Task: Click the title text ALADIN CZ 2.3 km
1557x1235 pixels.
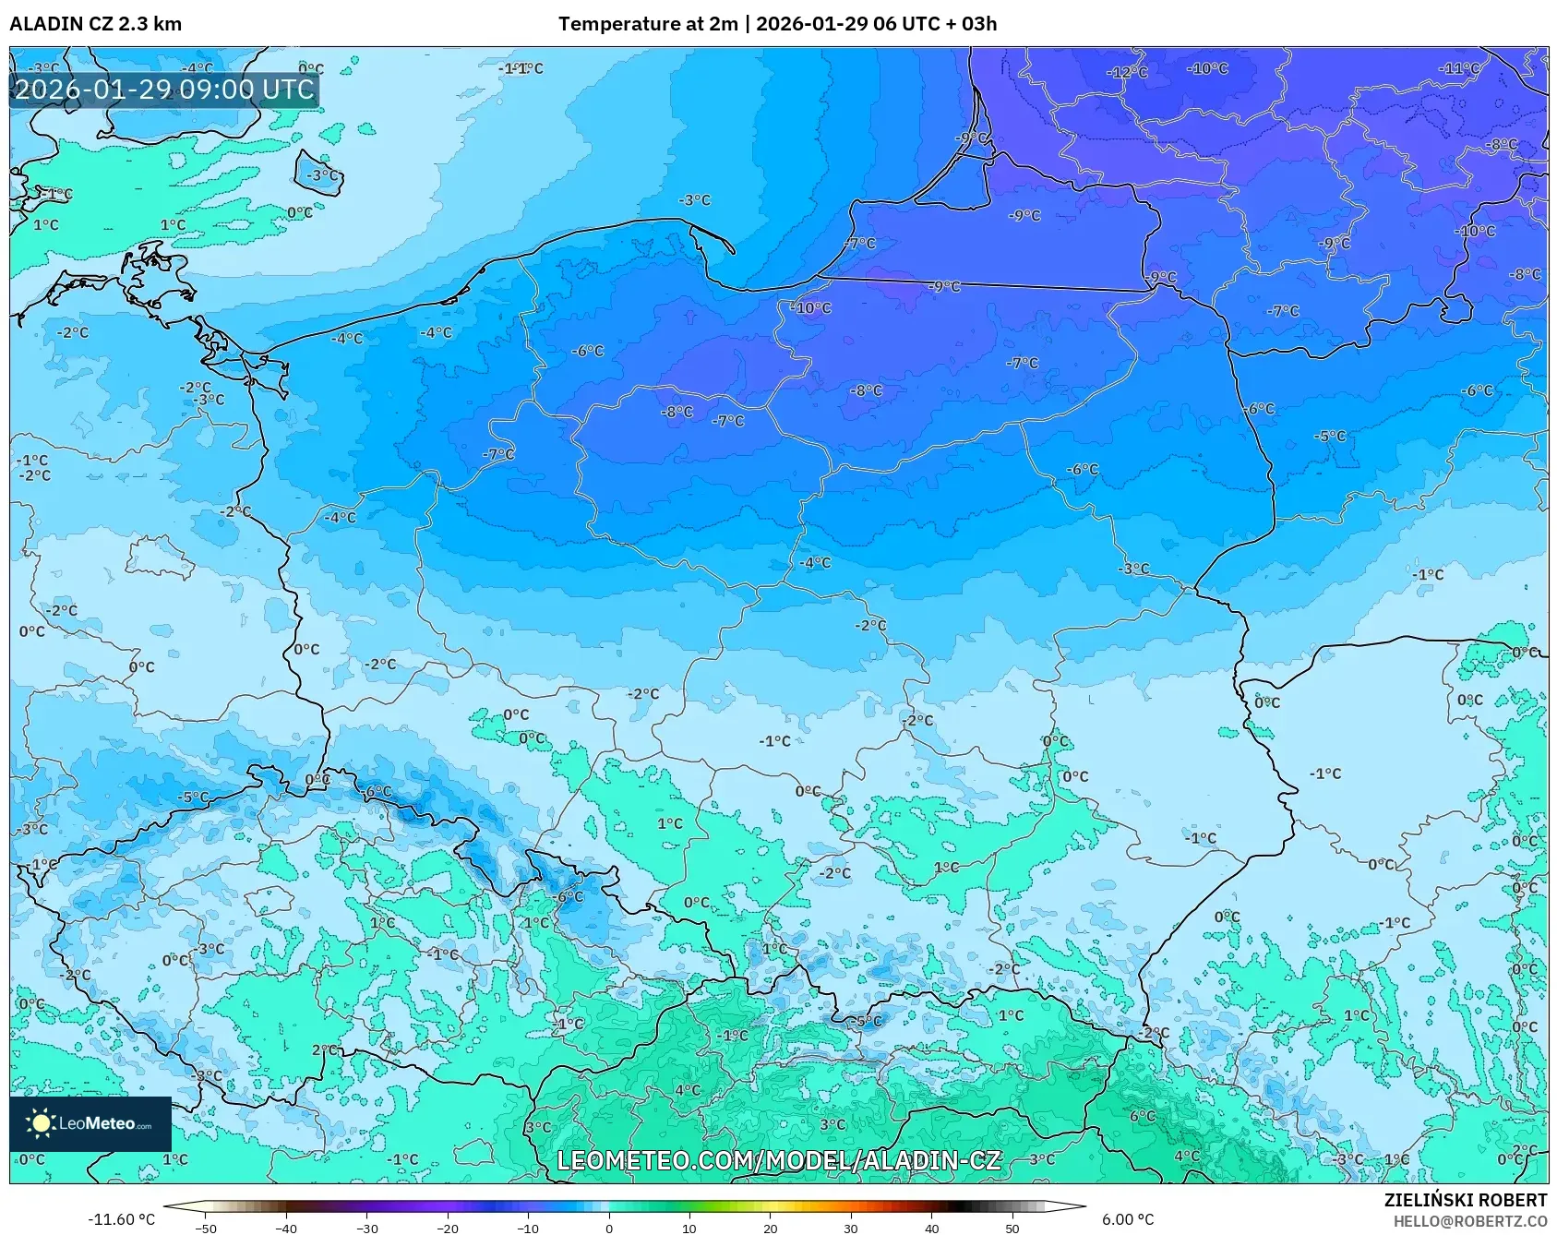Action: point(95,24)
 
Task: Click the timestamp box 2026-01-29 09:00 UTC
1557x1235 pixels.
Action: point(164,90)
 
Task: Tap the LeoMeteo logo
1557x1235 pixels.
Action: point(90,1123)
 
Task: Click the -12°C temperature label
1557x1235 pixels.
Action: point(1127,72)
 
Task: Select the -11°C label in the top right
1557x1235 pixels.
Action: point(1459,68)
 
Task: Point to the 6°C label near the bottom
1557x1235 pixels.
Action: point(1142,1116)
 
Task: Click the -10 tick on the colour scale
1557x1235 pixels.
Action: point(528,1229)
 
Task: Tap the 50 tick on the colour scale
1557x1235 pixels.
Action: point(1012,1229)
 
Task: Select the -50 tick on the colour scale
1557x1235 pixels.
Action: point(206,1229)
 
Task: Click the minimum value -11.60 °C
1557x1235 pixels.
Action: point(121,1219)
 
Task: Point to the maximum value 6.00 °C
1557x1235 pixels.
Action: point(1128,1219)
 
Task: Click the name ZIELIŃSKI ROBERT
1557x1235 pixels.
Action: point(1465,1200)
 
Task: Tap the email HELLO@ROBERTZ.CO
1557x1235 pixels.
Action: point(1469,1221)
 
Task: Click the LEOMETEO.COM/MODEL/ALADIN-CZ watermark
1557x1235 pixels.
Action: point(778,1160)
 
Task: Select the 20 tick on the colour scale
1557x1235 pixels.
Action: point(770,1229)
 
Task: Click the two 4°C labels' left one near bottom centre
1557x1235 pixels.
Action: point(688,1090)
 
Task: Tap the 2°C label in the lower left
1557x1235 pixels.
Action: point(324,1049)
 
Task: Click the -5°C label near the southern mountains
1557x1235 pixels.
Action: point(866,1021)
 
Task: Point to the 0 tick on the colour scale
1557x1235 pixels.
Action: point(608,1229)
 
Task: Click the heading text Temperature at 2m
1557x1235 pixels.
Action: point(647,24)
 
